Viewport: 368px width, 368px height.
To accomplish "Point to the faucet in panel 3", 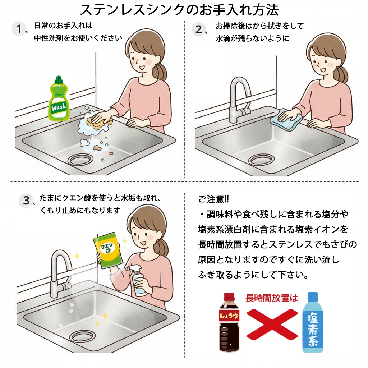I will pos(60,273).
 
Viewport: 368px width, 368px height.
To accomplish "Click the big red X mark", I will pos(272,323).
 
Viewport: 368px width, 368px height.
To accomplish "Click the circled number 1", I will pos(18,29).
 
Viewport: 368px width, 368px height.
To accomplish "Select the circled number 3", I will pos(26,201).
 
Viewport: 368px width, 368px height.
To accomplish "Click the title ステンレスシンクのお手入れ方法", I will pos(179,10).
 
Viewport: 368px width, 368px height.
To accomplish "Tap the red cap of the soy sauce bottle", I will pos(229,296).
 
